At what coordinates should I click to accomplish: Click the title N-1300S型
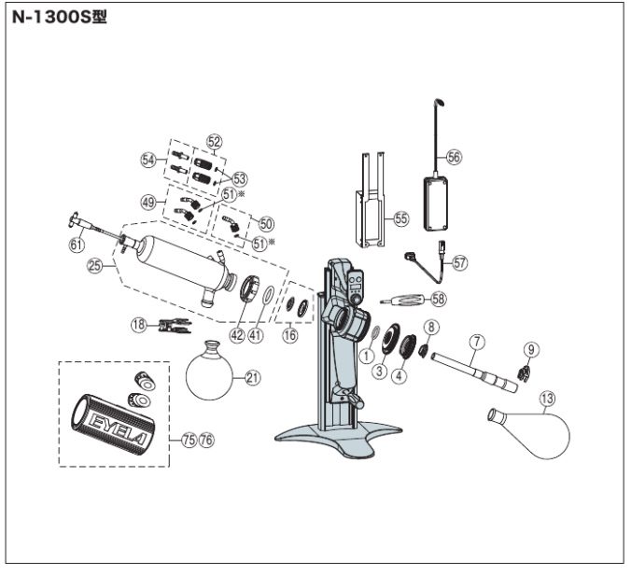[x=62, y=18]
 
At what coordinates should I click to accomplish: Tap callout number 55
[x=400, y=219]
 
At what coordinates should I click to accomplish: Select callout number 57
[x=459, y=263]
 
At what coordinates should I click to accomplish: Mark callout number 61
[x=76, y=246]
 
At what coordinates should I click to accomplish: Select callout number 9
[x=530, y=350]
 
